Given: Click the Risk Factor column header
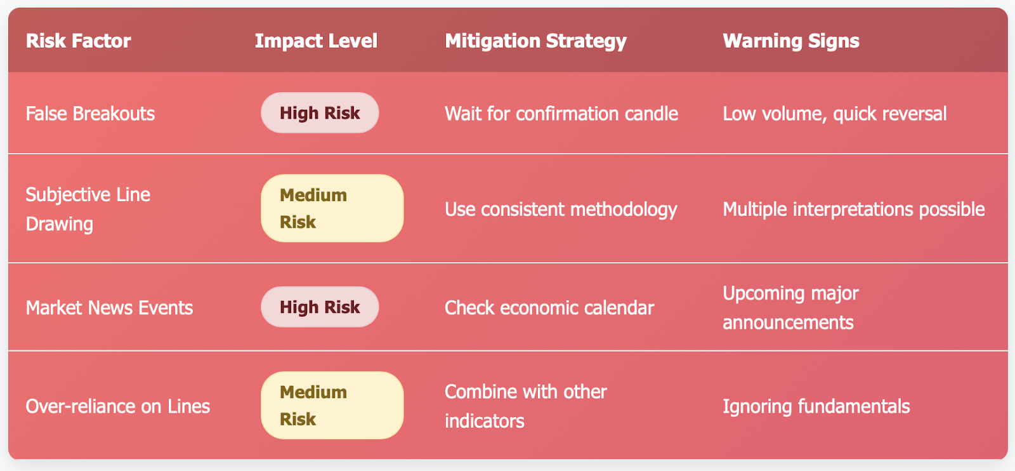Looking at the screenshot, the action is [x=79, y=41].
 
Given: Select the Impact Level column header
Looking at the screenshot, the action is [x=316, y=41].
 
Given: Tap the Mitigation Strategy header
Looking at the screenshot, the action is [x=535, y=41].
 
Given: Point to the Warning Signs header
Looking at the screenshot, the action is [x=790, y=41].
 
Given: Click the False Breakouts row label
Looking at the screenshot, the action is [x=90, y=114].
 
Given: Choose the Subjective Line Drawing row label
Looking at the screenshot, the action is [x=88, y=209].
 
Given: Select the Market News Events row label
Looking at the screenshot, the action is [x=109, y=307].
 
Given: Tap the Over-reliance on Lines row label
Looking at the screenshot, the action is [x=118, y=406].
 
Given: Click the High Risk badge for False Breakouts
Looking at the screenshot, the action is [x=320, y=113].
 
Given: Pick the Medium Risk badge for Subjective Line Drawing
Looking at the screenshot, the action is [x=332, y=208].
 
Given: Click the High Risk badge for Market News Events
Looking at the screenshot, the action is [x=320, y=307].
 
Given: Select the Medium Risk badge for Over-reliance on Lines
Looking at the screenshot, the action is [x=332, y=405].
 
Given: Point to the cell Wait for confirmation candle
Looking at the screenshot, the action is [x=561, y=114].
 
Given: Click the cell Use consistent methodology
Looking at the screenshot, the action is [x=561, y=209].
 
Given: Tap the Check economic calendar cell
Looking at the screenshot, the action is [x=549, y=307].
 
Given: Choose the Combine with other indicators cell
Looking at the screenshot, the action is [x=526, y=406].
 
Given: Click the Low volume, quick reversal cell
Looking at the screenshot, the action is [x=835, y=114].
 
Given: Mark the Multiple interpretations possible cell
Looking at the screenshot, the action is [x=854, y=209].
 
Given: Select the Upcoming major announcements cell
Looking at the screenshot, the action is [x=790, y=307].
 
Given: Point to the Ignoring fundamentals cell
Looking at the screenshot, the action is [x=816, y=406].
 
